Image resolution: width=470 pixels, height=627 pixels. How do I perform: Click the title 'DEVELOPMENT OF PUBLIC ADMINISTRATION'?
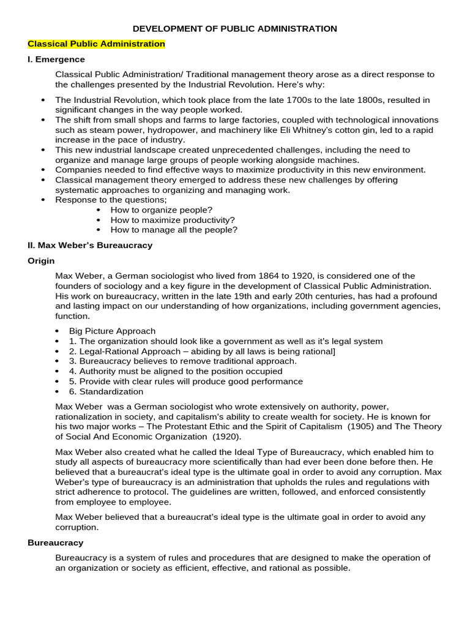pyautogui.click(x=235, y=28)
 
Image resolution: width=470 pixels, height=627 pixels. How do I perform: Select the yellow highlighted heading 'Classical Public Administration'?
pyautogui.click(x=96, y=44)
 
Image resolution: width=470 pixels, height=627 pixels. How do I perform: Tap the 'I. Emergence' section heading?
pyautogui.click(x=56, y=59)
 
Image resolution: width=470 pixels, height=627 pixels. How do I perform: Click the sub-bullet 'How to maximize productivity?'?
pyautogui.click(x=173, y=220)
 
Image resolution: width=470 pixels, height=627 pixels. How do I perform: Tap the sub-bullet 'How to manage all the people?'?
pyautogui.click(x=174, y=230)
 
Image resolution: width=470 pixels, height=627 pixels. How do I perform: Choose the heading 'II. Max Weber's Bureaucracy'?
pyautogui.click(x=90, y=246)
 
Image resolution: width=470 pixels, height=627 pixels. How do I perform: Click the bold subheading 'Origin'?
pyautogui.click(x=42, y=261)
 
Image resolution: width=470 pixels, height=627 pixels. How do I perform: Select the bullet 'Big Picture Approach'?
pyautogui.click(x=112, y=331)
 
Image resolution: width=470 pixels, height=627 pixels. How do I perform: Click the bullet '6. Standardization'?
pyautogui.click(x=106, y=391)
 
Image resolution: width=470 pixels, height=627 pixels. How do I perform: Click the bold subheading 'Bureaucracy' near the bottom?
pyautogui.click(x=56, y=543)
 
